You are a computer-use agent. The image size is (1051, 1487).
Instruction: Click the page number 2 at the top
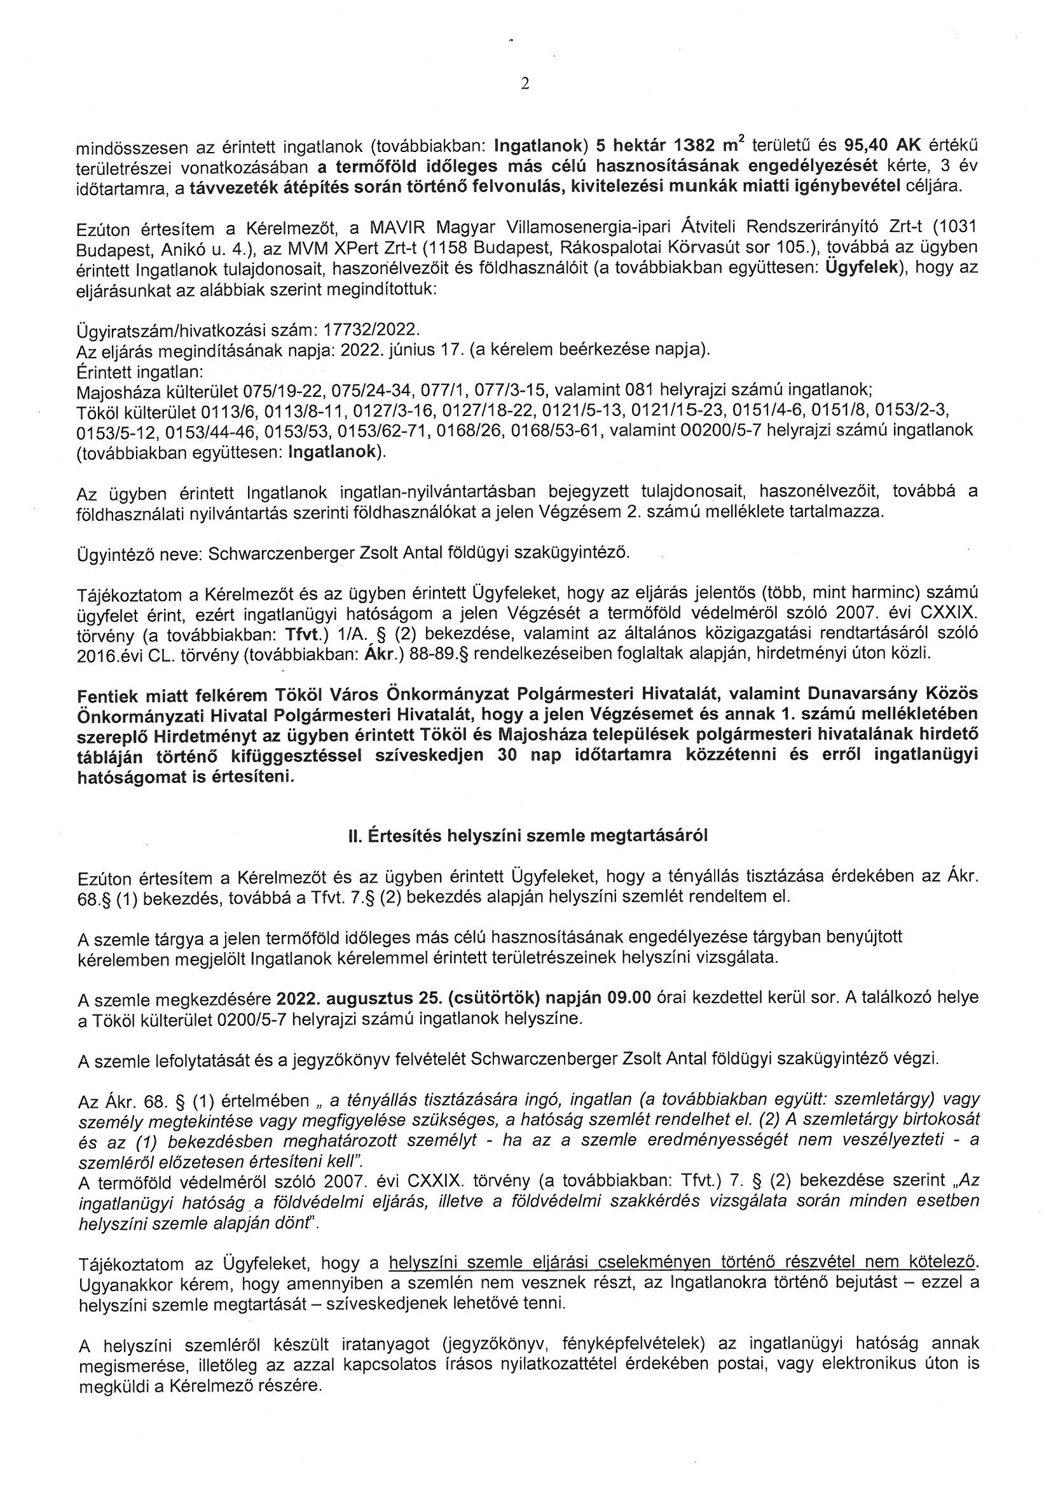tap(525, 84)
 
